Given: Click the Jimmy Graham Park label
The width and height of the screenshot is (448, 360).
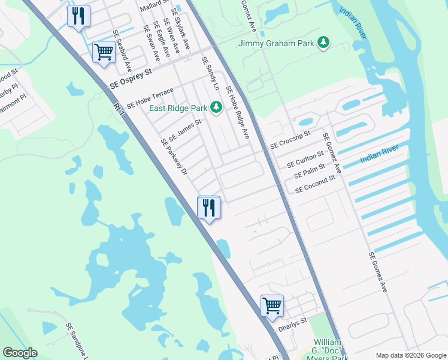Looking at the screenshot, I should tap(277, 43).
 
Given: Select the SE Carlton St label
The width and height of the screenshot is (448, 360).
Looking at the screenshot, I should tap(305, 159).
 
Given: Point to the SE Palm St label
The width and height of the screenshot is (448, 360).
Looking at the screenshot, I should tap(310, 171).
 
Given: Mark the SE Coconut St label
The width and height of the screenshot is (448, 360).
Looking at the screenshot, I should tap(315, 184).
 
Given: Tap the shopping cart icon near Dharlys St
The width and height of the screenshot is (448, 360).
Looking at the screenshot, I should tap(272, 305).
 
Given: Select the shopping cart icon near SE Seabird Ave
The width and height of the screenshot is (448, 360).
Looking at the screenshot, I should tap(104, 52).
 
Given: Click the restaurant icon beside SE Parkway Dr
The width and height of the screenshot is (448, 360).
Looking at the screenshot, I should tap(209, 208).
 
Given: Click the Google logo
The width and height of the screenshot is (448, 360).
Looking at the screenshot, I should tap(20, 353).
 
